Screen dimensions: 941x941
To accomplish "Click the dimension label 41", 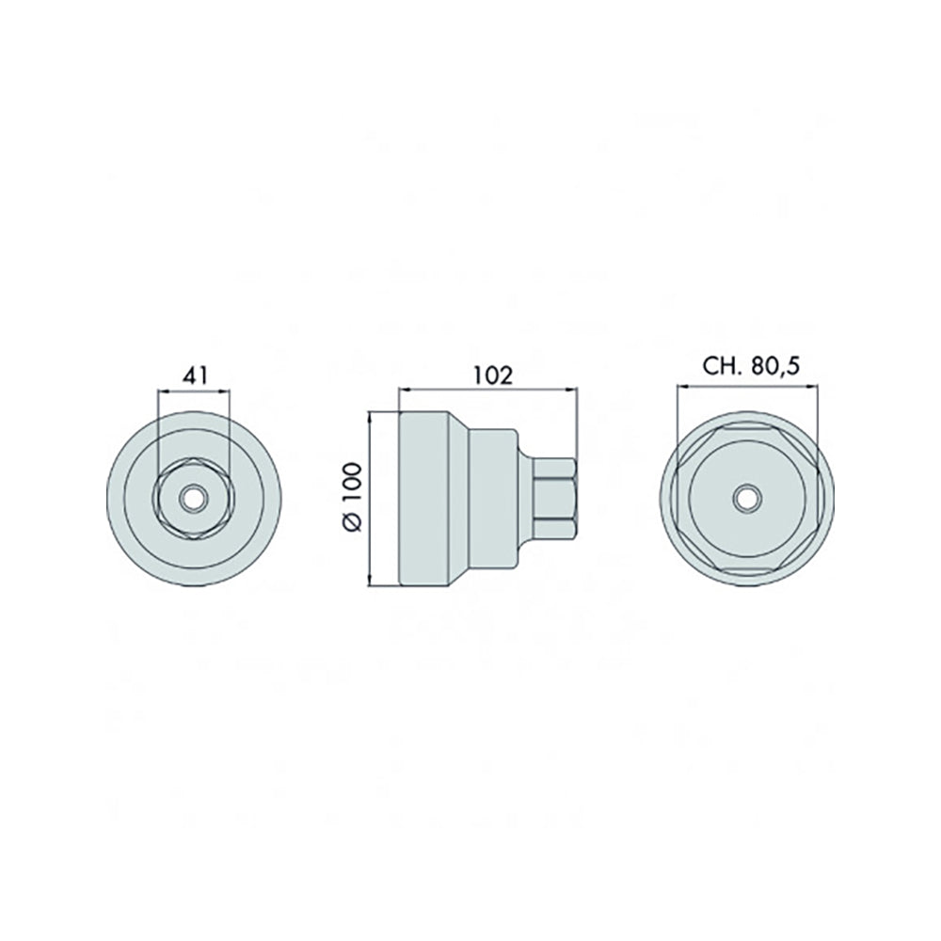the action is (195, 376).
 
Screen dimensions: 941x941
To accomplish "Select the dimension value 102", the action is (493, 375).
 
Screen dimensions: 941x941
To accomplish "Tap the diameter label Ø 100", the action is (352, 497).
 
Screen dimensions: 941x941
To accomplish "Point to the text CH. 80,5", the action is (751, 366).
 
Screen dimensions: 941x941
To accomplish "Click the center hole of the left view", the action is (193, 498).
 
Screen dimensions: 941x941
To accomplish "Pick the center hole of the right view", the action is (747, 498).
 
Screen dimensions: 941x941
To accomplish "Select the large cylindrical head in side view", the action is (423, 498).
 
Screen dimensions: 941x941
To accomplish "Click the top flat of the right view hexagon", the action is (747, 427).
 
